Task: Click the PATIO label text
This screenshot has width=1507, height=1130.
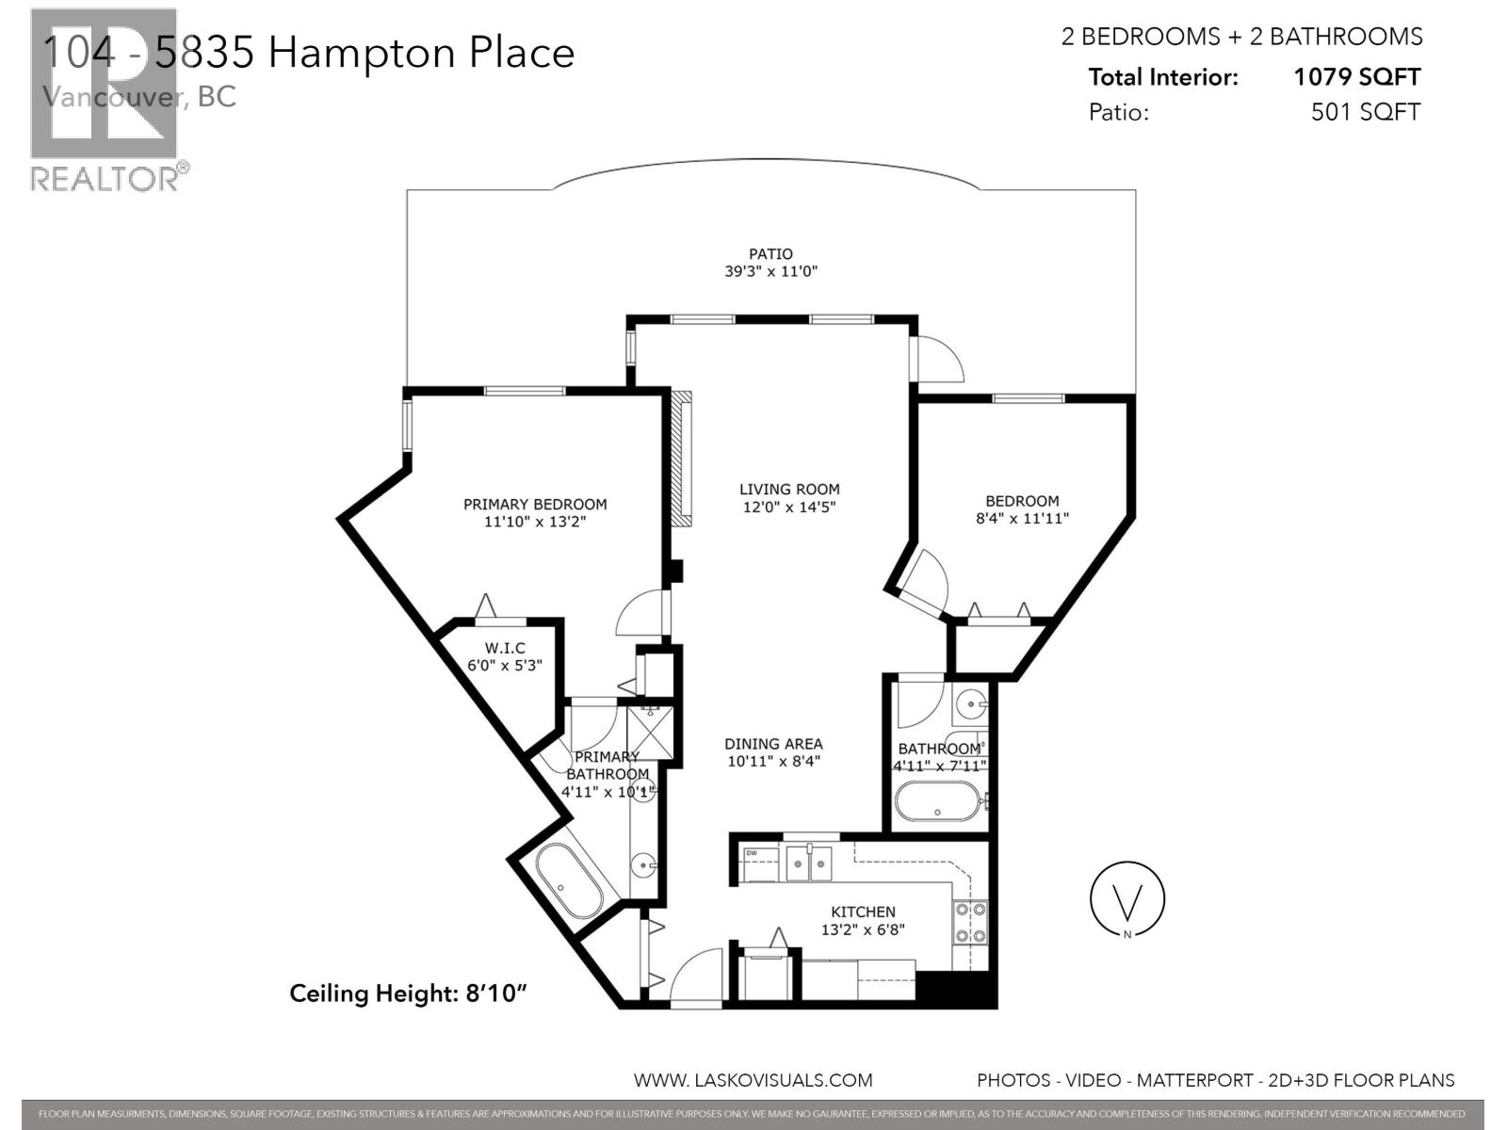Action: [x=770, y=253]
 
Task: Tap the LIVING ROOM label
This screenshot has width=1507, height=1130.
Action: [x=788, y=489]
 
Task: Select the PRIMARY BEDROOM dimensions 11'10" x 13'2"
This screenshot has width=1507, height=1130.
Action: [x=535, y=521]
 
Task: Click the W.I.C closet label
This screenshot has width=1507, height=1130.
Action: [x=504, y=648]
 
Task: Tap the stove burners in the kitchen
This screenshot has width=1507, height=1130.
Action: [x=971, y=923]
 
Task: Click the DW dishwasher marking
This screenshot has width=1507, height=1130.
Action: [x=752, y=853]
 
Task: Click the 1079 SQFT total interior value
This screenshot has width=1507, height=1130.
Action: [x=1356, y=77]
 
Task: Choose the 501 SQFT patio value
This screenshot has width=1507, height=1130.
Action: [x=1365, y=112]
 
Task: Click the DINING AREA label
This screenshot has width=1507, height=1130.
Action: [x=773, y=743]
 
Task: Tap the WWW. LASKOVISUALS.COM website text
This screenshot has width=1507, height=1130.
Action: [x=753, y=1080]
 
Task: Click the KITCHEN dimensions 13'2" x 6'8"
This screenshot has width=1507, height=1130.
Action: [x=863, y=929]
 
